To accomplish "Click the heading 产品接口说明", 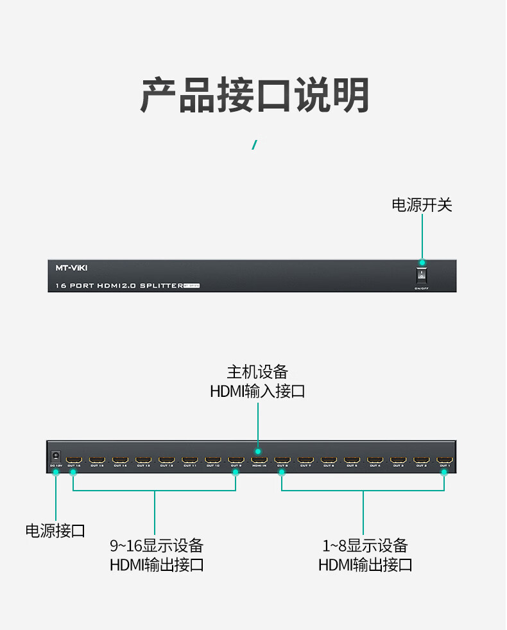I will pos(254,96).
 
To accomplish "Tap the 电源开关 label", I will pos(422,205).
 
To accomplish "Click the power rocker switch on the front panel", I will pos(422,276).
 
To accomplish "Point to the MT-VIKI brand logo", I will pos(71,268).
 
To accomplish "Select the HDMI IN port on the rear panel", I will pos(259,460).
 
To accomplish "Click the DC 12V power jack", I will pos(56,455).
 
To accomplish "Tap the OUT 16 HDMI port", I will pos(74,460).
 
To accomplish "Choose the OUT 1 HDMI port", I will pos(444,460).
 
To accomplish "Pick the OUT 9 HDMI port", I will pos(236,460).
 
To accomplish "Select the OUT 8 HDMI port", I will pos(282,460).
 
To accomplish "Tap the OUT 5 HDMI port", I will pos(352,460).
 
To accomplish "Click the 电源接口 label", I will pos(55,530).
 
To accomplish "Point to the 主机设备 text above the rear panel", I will pos(257,372).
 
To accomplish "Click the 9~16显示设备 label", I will pos(157,546).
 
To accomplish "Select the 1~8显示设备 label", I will pos(365,546).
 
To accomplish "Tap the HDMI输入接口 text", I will pos(257,390).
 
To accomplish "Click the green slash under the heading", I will pos(254,144).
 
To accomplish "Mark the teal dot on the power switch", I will pos(422,263).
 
